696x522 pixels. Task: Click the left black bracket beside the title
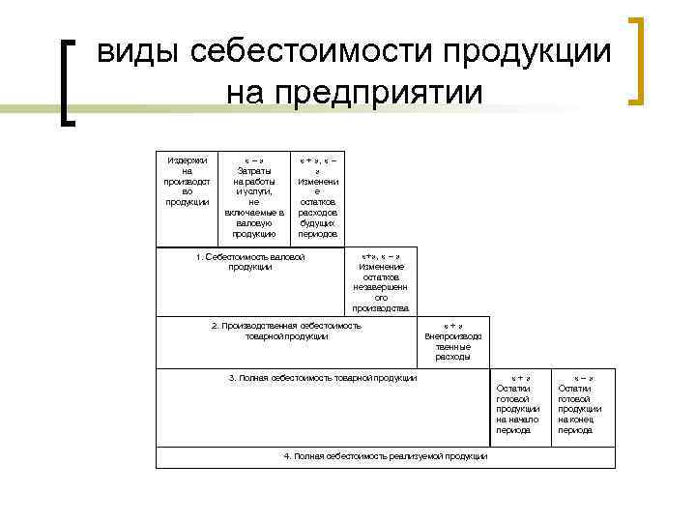pos(67,81)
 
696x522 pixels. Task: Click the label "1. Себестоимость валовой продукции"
pos(250,262)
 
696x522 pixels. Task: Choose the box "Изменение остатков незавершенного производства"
pos(381,281)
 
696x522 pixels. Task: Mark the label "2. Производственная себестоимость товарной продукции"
pos(286,331)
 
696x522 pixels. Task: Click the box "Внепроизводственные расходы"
pos(452,342)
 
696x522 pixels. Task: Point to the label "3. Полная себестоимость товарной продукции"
pos(323,377)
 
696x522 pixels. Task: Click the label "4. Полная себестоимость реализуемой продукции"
pos(386,456)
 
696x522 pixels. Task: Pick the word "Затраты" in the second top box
pos(254,170)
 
